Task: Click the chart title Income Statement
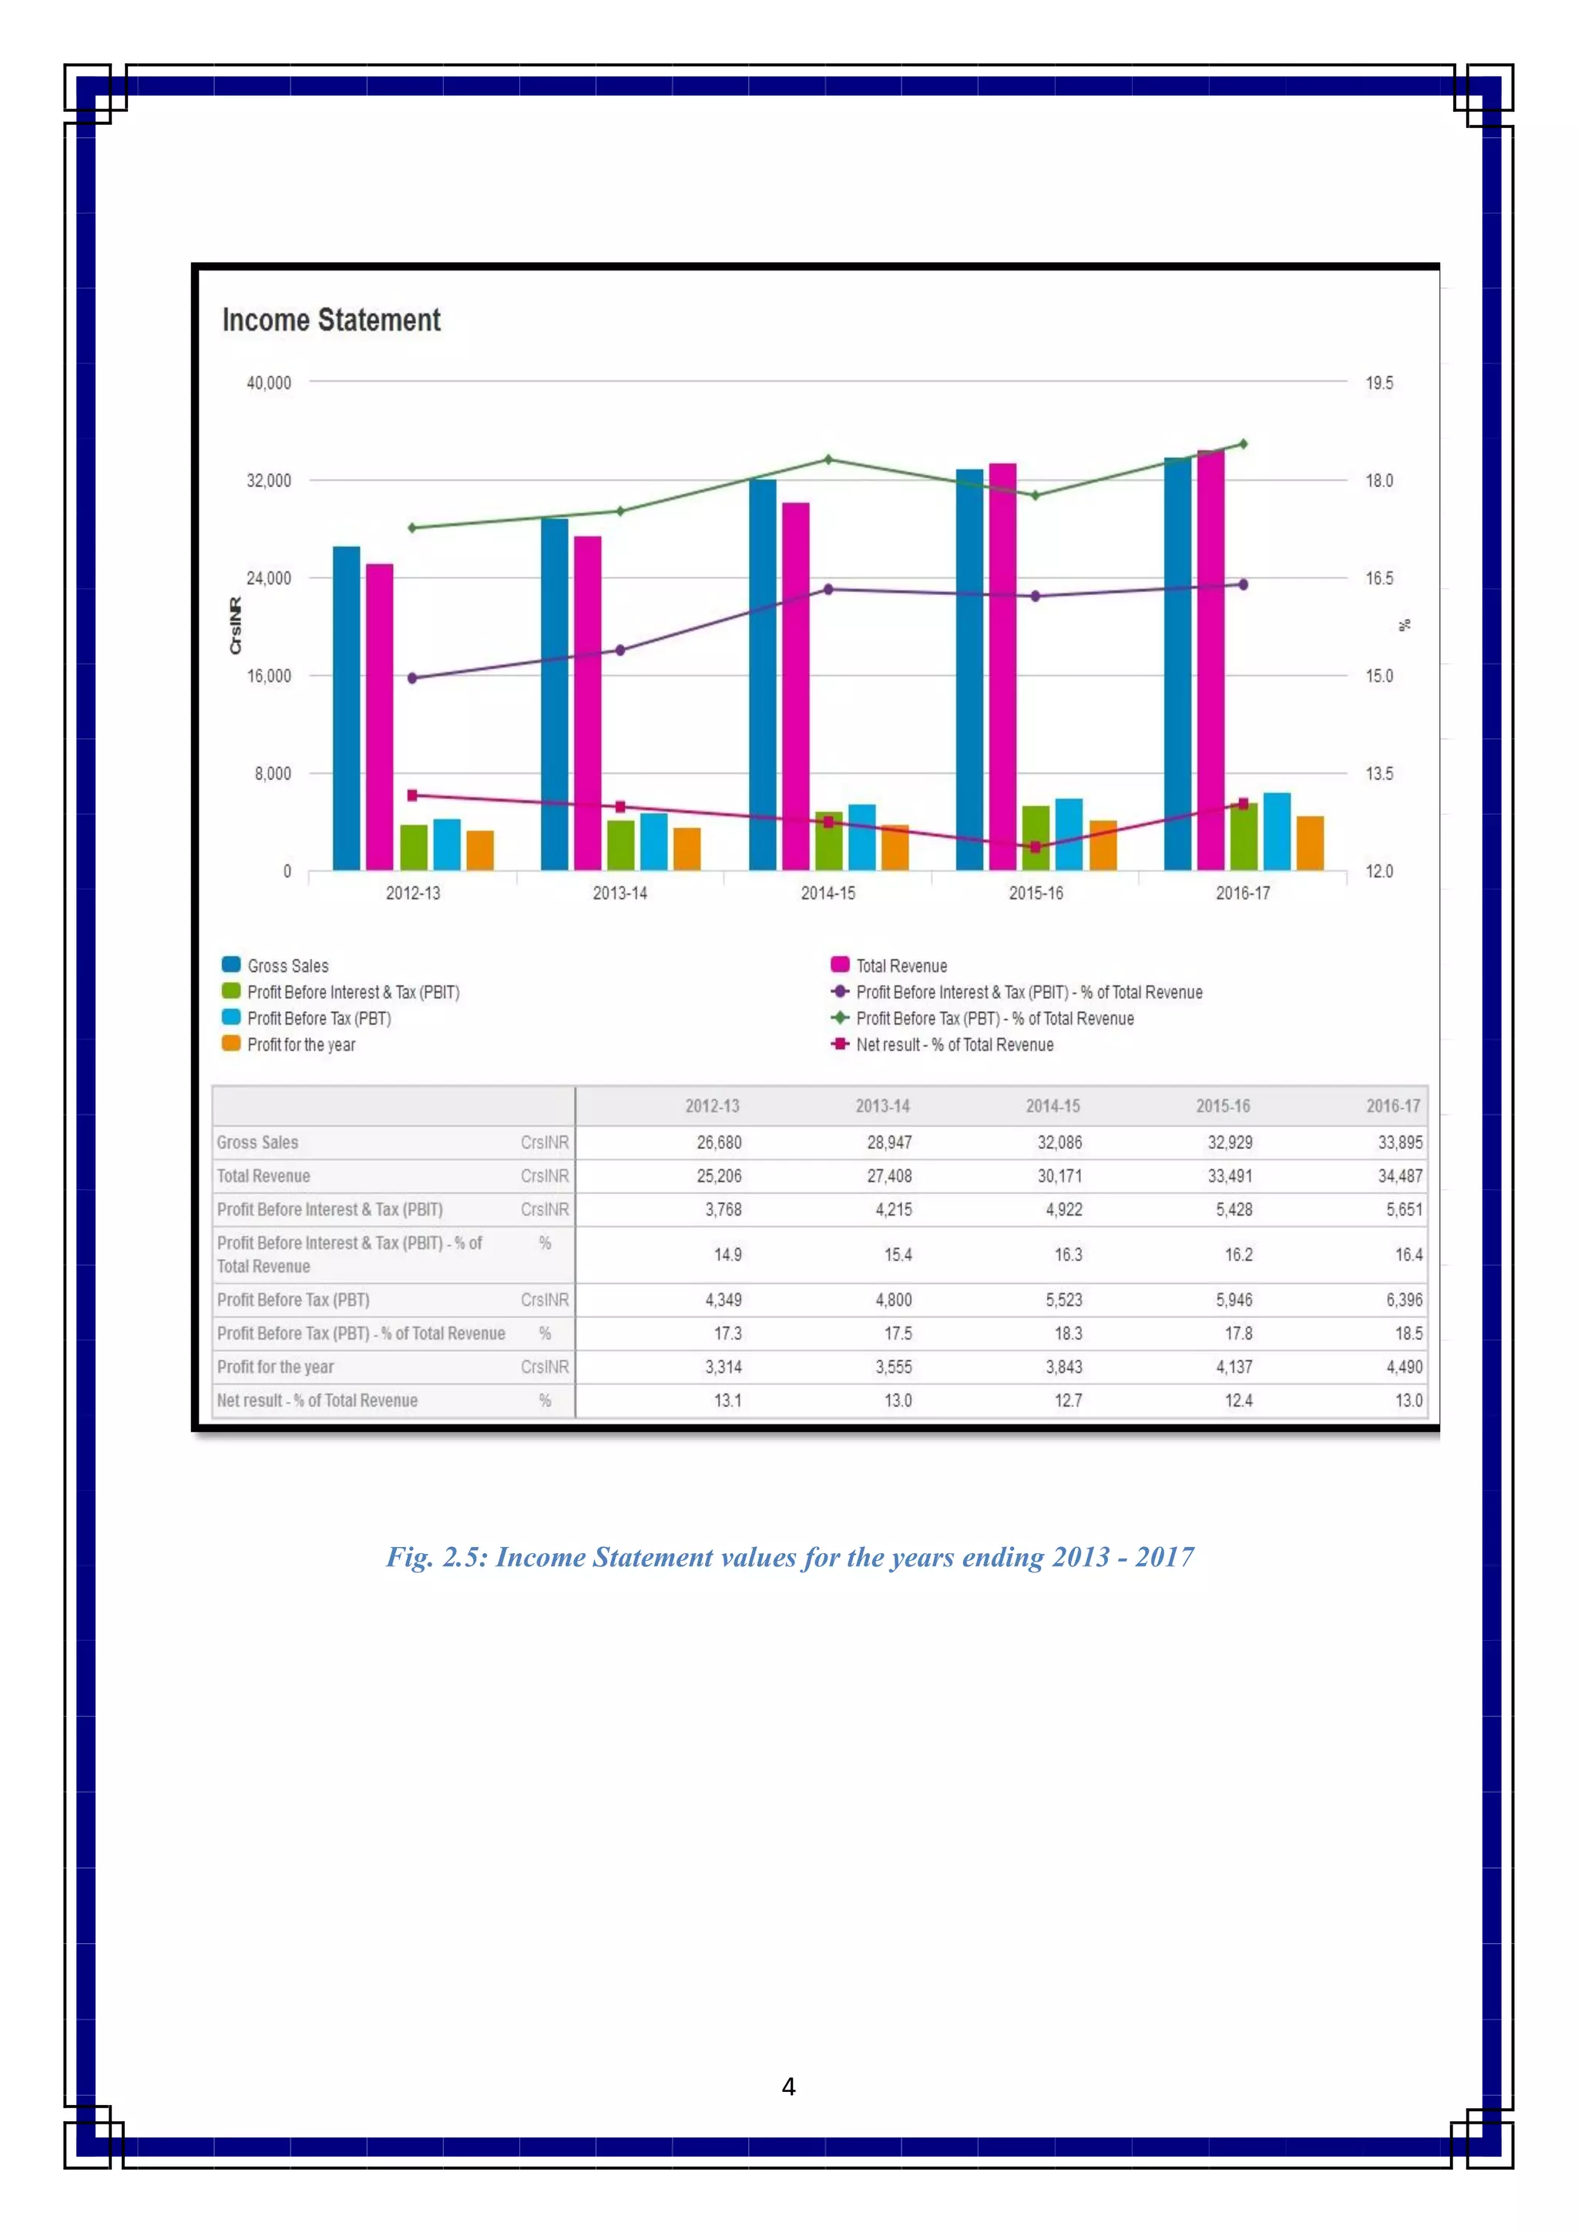pos(331,320)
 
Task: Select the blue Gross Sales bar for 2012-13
pos(346,708)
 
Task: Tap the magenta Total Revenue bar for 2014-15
pos(795,686)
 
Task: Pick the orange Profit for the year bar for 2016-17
pos(1310,843)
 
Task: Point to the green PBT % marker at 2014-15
pos(828,459)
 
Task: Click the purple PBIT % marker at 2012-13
pos(412,678)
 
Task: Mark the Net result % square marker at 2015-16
pos(1036,847)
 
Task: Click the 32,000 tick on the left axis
pos(268,480)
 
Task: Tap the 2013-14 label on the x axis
pos(620,893)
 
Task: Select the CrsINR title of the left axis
pos(235,625)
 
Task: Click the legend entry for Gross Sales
pos(288,966)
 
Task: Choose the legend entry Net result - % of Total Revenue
pos(954,1044)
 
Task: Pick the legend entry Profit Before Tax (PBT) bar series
pos(318,1018)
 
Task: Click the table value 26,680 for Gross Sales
pos(719,1143)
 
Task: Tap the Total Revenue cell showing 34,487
pos(1399,1175)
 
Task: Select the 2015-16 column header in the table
pos(1222,1106)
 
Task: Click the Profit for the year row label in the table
pos(275,1367)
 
